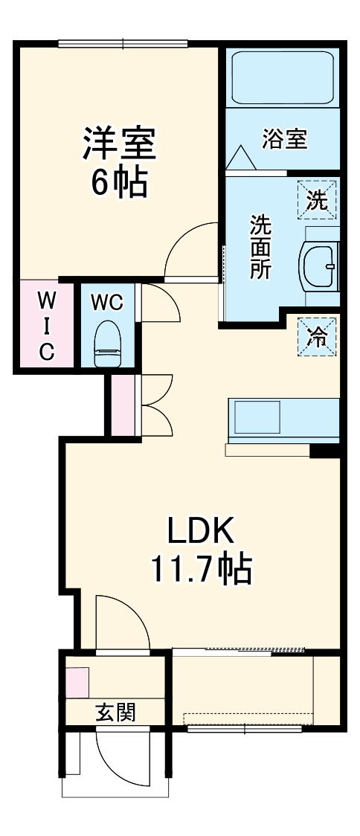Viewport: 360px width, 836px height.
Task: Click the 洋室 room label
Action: coord(119,143)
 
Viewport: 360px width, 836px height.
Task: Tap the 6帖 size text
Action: coord(119,182)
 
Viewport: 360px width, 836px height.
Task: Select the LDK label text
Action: coord(201,531)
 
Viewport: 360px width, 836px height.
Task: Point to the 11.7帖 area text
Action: coord(201,570)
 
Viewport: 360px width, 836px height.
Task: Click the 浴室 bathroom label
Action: coord(284,139)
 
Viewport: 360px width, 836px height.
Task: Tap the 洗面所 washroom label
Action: coord(260,246)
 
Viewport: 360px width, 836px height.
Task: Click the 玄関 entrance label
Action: coord(115,712)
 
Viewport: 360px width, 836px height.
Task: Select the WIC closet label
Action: coord(46,325)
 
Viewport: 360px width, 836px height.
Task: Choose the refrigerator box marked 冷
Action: coord(317,336)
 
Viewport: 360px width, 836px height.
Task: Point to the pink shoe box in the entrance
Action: coord(77,683)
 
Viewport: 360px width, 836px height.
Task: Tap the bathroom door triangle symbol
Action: coord(240,158)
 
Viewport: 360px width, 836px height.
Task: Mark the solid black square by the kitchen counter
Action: coord(324,449)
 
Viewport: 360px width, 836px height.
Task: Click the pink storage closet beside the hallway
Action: coord(123,405)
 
